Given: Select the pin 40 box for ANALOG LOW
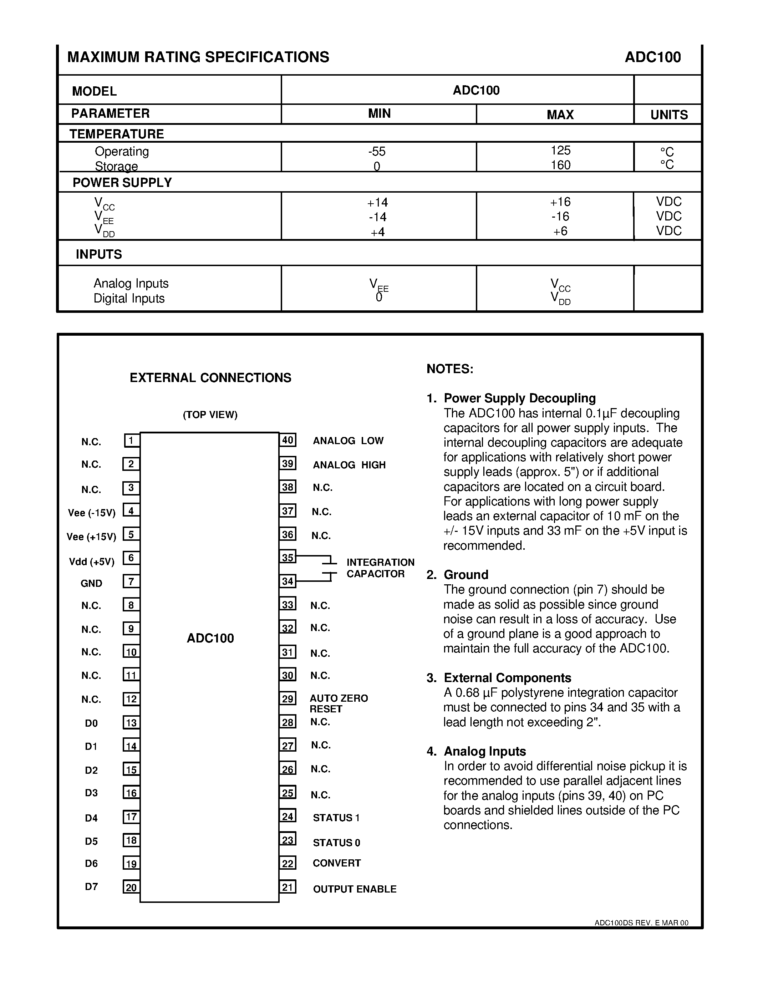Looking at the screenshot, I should pos(288,440).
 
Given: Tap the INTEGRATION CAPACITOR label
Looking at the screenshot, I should pos(380,568).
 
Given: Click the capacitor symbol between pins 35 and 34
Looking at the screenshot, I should pos(330,569).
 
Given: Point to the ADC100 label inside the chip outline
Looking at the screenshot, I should pos(210,638).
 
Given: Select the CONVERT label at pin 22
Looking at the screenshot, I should pos(336,863).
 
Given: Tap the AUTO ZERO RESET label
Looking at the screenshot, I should pos(338,703).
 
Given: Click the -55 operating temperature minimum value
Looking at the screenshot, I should pos(377,151).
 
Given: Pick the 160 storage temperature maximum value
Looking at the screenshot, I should pos(560,165).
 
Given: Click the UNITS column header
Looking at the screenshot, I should pos(668,115).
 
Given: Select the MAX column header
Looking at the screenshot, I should pos(560,115).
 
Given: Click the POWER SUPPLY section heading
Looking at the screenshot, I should pos(122,182).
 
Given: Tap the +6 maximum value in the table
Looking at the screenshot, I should pos(560,231).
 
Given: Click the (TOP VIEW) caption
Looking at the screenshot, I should pos(210,415).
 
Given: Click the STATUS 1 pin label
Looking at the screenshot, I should pos(336,818).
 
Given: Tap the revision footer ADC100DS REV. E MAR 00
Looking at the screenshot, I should pos(641,923).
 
